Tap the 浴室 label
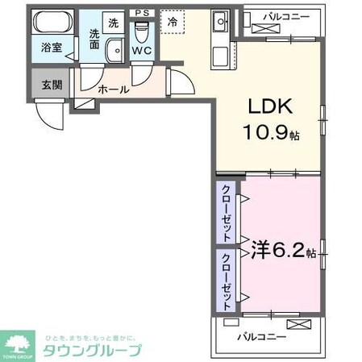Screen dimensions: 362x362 [x=52, y=48]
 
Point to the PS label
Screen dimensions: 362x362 [x=142, y=12]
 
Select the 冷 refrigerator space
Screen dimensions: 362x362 [x=173, y=23]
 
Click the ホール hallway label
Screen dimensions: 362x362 [x=113, y=90]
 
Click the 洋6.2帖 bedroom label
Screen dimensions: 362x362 [x=282, y=251]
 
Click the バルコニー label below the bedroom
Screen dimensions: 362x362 [x=260, y=335]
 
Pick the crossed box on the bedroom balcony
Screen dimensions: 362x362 [x=296, y=325]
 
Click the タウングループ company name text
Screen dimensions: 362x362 [x=93, y=350]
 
